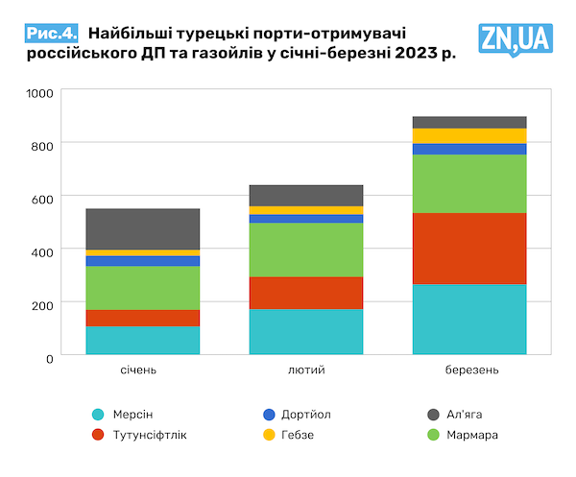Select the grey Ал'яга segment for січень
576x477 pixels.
143,228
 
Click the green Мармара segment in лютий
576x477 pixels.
306,250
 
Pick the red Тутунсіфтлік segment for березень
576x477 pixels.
469,248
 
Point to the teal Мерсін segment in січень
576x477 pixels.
143,340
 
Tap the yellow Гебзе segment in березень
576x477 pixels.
469,135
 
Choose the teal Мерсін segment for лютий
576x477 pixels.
306,331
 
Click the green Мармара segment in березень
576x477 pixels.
469,183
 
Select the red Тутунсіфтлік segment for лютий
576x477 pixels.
306,293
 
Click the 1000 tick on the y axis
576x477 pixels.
43,94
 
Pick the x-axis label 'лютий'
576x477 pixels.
306,370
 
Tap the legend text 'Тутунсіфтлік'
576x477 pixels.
149,435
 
